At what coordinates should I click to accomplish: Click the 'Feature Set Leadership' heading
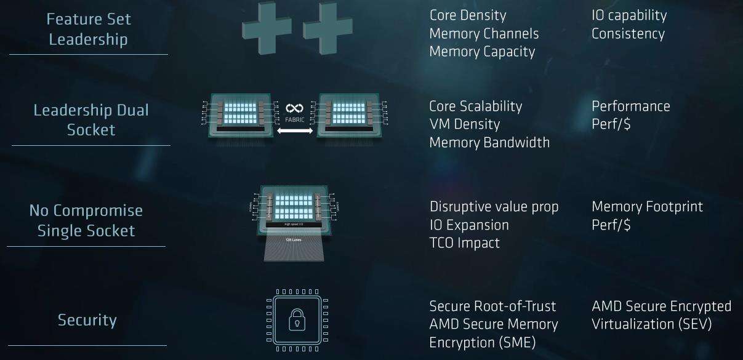(89, 29)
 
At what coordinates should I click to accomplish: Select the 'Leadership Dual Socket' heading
(90, 120)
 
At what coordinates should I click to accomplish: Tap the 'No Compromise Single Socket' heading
(86, 220)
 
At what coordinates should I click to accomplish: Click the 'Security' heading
(87, 320)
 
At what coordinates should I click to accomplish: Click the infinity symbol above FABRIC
(294, 108)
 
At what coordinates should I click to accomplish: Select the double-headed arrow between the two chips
(294, 130)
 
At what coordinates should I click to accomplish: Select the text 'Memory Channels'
(484, 33)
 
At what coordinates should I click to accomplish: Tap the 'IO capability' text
(629, 15)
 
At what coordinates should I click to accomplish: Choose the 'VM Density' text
(464, 124)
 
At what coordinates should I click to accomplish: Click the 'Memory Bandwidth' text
(489, 142)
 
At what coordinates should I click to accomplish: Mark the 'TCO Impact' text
(464, 242)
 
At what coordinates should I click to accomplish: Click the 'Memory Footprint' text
(647, 207)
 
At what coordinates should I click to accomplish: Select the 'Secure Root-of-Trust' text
(492, 306)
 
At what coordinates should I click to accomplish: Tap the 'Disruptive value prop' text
(494, 207)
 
